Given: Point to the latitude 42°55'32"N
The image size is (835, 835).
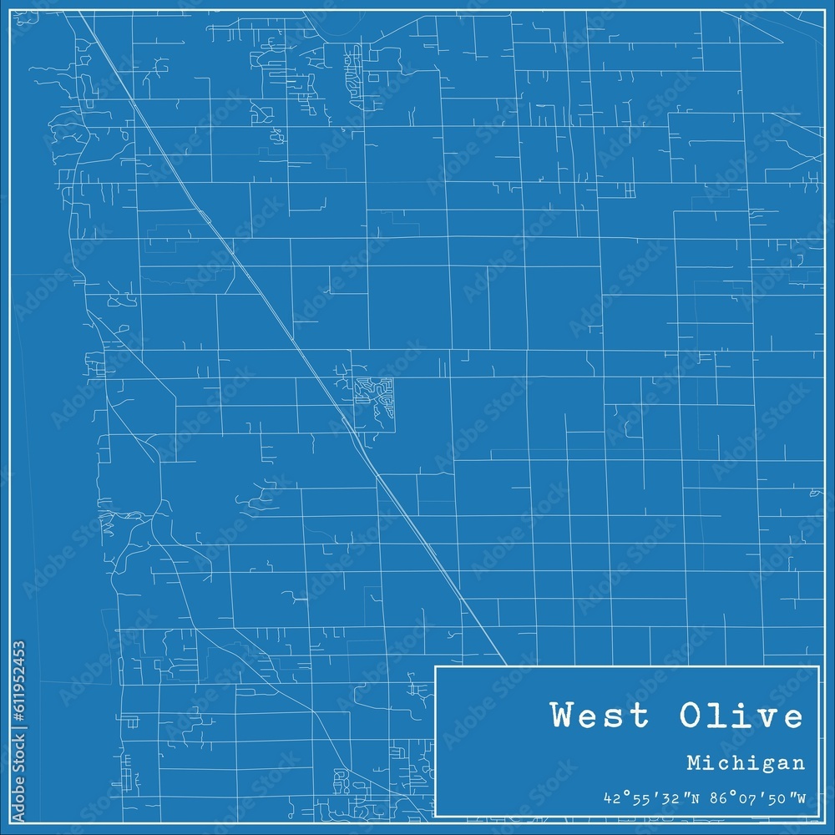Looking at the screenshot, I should [x=641, y=799].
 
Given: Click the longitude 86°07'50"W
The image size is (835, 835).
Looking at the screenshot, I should [x=751, y=799].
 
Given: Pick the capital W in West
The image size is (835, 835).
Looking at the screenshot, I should [x=562, y=716].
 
